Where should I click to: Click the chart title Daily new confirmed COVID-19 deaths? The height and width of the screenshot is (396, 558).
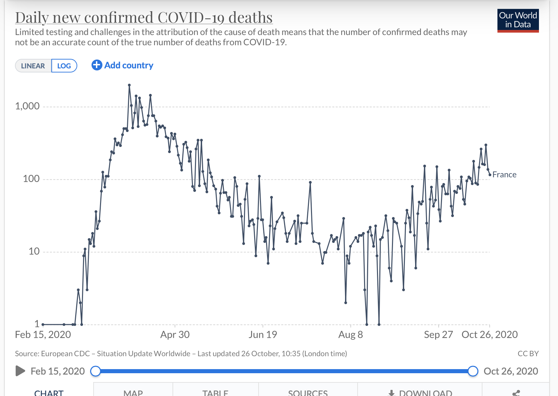coord(144,18)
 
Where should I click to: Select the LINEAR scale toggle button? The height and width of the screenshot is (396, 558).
coord(33,66)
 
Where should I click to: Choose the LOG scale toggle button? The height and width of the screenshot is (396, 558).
coord(64,66)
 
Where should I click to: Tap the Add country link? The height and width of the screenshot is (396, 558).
coord(122,65)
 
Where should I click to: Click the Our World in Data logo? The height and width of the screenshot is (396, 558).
coord(518,20)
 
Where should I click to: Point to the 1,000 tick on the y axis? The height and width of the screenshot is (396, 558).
coord(27,106)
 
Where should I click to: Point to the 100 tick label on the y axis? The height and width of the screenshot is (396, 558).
coord(31,179)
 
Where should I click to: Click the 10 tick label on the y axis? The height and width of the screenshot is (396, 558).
coord(34,251)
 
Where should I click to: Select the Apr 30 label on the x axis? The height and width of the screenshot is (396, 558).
coord(175,335)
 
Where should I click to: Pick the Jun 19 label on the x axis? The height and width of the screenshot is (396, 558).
coord(263,335)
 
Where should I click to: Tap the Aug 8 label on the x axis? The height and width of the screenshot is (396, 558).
coord(350,335)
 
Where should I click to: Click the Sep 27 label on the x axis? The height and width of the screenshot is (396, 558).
coord(438,335)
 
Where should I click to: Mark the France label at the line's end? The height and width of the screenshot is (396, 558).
coord(504,175)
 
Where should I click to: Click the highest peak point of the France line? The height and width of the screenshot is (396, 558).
coord(129,85)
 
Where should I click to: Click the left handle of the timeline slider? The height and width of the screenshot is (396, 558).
coord(96,371)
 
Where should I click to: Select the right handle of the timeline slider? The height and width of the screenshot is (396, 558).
coord(473,371)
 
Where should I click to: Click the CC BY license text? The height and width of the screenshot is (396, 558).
coord(528,354)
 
